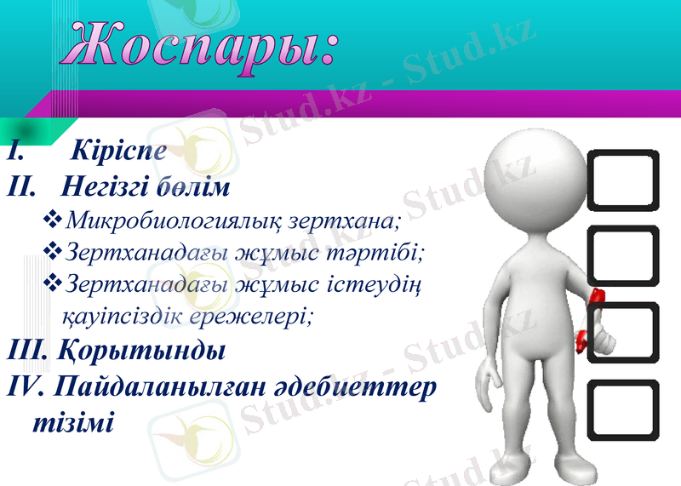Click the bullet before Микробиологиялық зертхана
pos(51,221)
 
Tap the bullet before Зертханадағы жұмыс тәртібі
pos(51,251)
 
